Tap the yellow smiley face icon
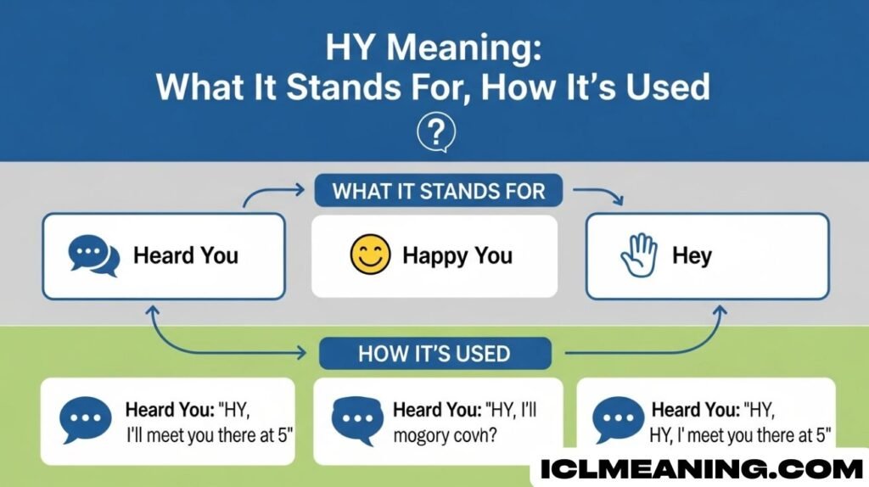[x=370, y=255]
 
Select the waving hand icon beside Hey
[x=639, y=255]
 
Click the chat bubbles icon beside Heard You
[x=93, y=255]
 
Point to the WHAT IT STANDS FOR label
[x=438, y=190]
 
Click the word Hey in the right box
[x=692, y=256]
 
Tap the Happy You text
[x=457, y=255]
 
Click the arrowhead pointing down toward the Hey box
[x=619, y=202]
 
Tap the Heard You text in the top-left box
[x=186, y=255]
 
